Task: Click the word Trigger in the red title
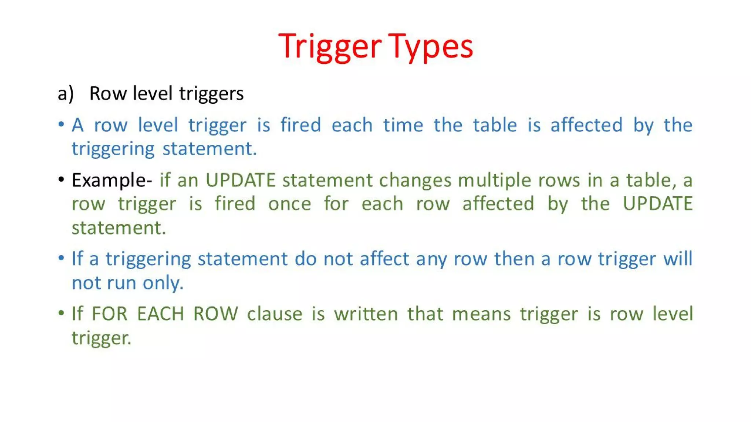click(x=329, y=47)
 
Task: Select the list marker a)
click(x=66, y=93)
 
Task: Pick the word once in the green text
click(x=289, y=204)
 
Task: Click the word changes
click(x=415, y=181)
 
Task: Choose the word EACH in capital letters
click(x=160, y=314)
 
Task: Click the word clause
click(x=274, y=314)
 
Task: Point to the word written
click(x=366, y=314)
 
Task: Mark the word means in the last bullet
click(x=481, y=314)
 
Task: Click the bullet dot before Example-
click(x=61, y=179)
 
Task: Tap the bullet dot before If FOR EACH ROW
click(x=61, y=313)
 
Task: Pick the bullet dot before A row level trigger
click(x=61, y=124)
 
